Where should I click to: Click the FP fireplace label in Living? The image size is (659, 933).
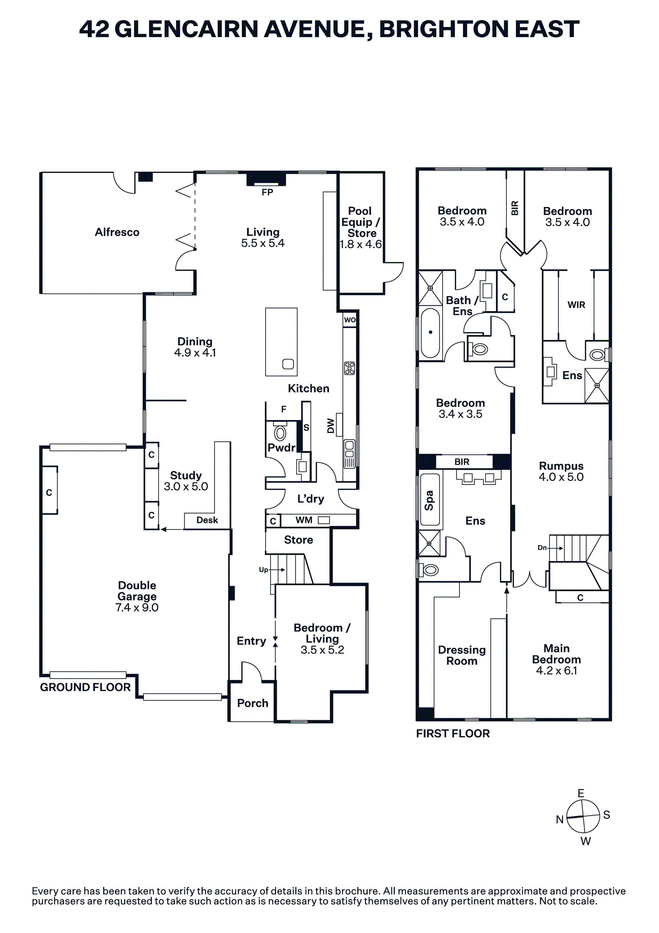point(267,192)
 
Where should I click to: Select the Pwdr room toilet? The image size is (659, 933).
point(280,432)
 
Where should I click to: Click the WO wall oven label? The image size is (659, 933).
point(349,320)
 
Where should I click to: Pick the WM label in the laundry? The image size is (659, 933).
point(304,520)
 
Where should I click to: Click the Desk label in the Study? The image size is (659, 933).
point(207,520)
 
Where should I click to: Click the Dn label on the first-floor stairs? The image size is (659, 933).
point(542,548)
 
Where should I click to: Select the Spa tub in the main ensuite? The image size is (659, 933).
point(430,499)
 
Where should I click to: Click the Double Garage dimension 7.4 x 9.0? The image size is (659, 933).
point(137,608)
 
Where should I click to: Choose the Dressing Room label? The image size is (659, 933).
point(462,656)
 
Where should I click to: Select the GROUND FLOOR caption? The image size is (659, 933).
point(85,687)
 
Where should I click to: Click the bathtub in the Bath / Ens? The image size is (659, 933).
point(430,333)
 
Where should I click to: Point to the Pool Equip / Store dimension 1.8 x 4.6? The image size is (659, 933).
point(361,244)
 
